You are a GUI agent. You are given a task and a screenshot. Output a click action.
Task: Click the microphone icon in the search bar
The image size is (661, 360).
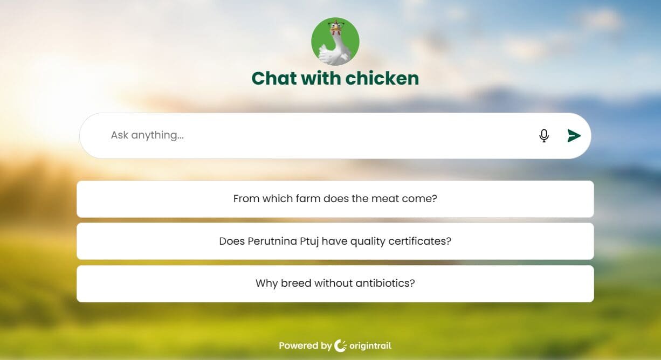pos(544,136)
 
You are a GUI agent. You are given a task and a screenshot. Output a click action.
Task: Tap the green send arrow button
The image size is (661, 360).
pos(574,136)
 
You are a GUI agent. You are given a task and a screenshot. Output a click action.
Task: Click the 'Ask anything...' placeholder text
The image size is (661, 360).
pos(147,135)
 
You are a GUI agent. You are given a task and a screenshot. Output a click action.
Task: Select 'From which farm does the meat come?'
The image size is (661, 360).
pos(335,199)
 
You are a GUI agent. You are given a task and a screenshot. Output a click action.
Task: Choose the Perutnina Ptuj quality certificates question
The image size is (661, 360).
pos(335,241)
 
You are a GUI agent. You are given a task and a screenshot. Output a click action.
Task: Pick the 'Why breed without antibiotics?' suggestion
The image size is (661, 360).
pos(335,283)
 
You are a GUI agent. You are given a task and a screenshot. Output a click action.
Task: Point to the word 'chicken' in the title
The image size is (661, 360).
pos(382,79)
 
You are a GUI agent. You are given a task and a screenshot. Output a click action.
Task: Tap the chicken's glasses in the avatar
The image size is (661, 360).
pos(336,25)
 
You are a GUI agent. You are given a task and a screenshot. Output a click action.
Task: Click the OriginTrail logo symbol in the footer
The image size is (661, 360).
pos(340,346)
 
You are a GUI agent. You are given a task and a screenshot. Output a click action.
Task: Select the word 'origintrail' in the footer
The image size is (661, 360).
pos(370,346)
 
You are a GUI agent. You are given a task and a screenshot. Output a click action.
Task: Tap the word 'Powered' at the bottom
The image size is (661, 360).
pos(299,345)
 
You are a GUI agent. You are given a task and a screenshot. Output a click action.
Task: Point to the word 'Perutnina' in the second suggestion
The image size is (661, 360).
pos(272,241)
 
